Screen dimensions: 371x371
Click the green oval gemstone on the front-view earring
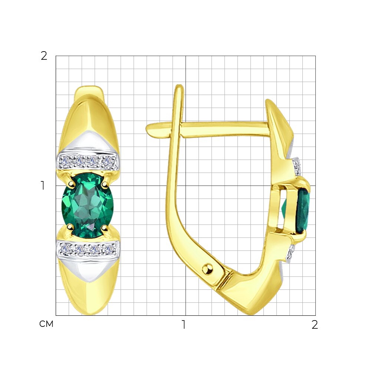[88, 205]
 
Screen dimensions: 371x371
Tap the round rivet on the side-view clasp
[207, 269]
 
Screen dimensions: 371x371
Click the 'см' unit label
[46, 324]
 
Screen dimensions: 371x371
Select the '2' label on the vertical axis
[44, 56]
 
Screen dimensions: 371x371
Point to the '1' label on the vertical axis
[43, 185]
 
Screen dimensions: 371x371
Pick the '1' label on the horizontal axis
[183, 325]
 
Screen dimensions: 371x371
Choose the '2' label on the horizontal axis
[315, 325]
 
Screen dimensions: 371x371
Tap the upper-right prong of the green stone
[105, 183]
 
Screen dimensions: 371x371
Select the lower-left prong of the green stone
[69, 227]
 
